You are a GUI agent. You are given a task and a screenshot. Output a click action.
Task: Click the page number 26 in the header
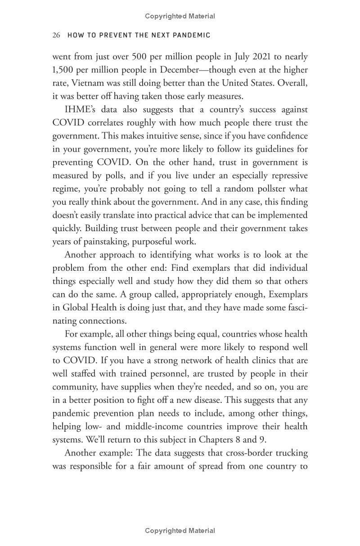(x=56, y=35)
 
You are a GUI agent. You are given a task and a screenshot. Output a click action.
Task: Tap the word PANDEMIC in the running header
(x=189, y=35)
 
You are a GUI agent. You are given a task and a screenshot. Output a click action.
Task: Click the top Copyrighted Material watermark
(x=180, y=16)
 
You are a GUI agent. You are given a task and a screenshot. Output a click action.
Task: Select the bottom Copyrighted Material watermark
(x=180, y=531)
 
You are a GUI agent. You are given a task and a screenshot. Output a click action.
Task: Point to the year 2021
(x=255, y=57)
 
